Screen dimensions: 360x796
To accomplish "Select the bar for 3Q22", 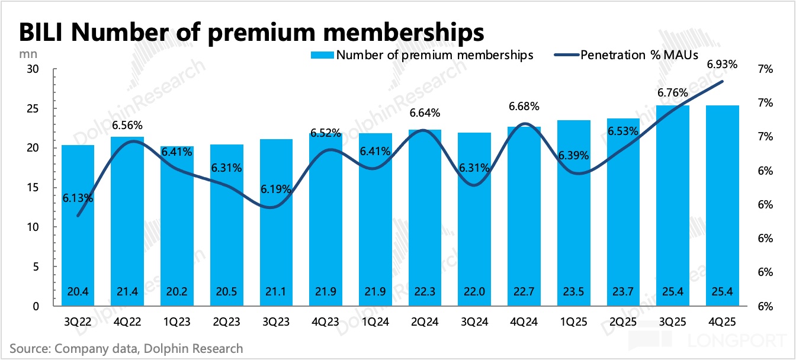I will click(78, 237).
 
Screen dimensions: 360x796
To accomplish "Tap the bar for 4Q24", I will click(524, 237).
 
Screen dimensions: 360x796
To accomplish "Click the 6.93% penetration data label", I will click(722, 65).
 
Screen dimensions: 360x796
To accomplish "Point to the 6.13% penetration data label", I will click(78, 198).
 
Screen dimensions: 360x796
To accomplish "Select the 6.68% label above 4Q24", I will click(524, 107).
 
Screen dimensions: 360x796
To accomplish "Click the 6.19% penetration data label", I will click(276, 189).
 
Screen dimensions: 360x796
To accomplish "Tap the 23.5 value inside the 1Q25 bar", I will click(573, 291).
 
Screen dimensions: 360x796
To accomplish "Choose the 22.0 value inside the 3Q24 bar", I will click(474, 291).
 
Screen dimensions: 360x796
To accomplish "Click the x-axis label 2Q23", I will click(227, 323).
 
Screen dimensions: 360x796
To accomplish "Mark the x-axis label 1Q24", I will click(375, 323).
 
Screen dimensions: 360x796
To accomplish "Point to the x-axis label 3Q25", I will click(672, 323).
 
